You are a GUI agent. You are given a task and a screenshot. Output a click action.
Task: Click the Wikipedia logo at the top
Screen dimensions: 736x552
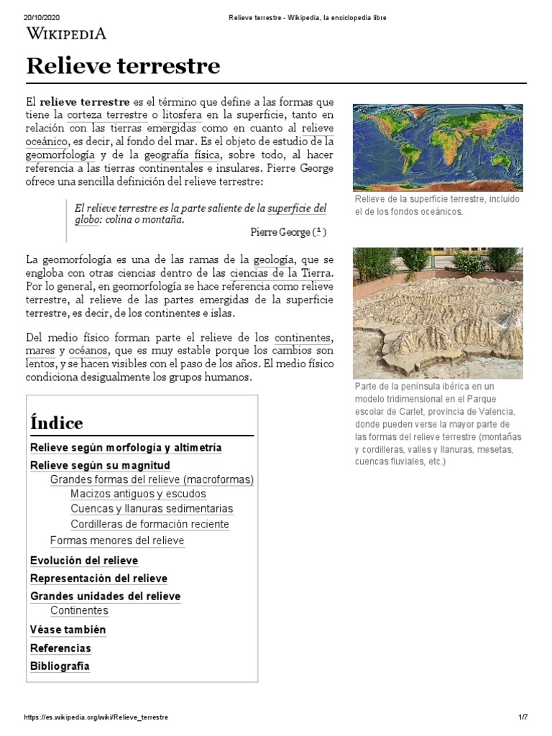click(66, 32)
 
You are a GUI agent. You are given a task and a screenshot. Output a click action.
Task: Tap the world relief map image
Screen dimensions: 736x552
click(437, 147)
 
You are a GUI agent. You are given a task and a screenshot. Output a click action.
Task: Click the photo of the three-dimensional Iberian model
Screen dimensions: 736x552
click(437, 313)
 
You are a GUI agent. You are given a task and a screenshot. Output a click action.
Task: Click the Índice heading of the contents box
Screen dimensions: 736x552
click(57, 423)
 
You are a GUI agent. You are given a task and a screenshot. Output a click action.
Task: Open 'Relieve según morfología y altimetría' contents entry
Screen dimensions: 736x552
click(126, 448)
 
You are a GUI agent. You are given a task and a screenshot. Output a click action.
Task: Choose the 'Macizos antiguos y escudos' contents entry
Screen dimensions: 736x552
click(138, 494)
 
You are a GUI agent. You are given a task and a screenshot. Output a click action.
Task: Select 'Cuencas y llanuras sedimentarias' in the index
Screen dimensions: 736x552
click(152, 509)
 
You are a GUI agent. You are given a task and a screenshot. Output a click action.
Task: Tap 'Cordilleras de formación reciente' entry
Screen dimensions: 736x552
click(149, 524)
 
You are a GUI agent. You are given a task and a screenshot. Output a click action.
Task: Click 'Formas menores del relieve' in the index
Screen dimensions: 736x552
click(117, 540)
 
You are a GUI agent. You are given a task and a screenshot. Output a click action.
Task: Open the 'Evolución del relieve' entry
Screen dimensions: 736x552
click(84, 561)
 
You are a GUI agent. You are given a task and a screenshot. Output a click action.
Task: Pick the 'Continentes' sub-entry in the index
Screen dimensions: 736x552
click(79, 610)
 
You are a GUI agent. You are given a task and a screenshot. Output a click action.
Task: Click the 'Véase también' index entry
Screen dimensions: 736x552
click(68, 630)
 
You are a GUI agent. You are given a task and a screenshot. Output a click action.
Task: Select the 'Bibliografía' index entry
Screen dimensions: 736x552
click(60, 666)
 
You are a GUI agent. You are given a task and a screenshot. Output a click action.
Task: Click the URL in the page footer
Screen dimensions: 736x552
click(96, 717)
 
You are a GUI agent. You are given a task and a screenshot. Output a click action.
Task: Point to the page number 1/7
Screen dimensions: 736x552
click(523, 717)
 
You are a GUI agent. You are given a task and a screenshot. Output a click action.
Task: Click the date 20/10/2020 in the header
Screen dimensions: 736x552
click(42, 17)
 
